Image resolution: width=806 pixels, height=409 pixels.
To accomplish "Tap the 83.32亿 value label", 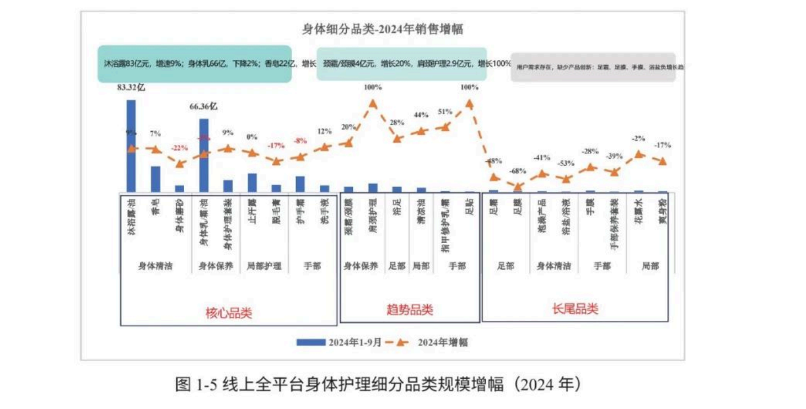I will tap(131, 87).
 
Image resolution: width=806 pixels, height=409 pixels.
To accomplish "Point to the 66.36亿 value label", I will tap(203, 106).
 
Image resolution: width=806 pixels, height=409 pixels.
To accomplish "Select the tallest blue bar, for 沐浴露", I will tap(131, 146).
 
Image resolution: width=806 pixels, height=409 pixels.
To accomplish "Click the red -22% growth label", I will tap(179, 148).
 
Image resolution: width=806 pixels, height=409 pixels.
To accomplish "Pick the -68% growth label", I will tap(518, 170).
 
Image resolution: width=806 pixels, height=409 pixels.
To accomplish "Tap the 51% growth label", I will tap(444, 111).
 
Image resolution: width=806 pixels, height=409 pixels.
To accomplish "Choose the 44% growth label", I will tap(421, 115).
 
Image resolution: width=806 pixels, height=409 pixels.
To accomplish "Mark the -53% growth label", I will tap(566, 163).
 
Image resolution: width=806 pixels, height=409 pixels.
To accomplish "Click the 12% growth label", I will tap(325, 131).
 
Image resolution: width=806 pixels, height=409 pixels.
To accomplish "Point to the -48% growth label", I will tap(493, 161).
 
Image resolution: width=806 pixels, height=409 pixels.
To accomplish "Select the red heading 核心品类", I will tap(228, 313).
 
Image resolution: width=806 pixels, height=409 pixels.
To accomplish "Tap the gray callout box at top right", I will tap(593, 67).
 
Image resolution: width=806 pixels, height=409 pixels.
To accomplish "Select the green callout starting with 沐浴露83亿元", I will tap(194, 64).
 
